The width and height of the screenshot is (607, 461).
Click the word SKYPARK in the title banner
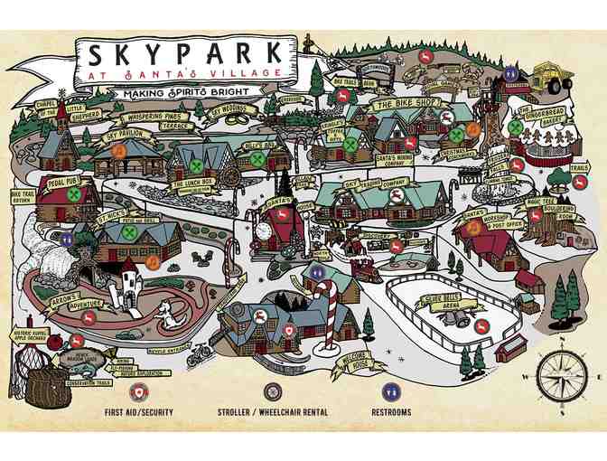coord(183,55)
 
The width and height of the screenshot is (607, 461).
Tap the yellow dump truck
coord(549,77)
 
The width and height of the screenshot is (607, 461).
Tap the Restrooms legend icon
coord(391,391)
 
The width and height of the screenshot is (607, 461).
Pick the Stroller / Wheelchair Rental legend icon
coord(273,391)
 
